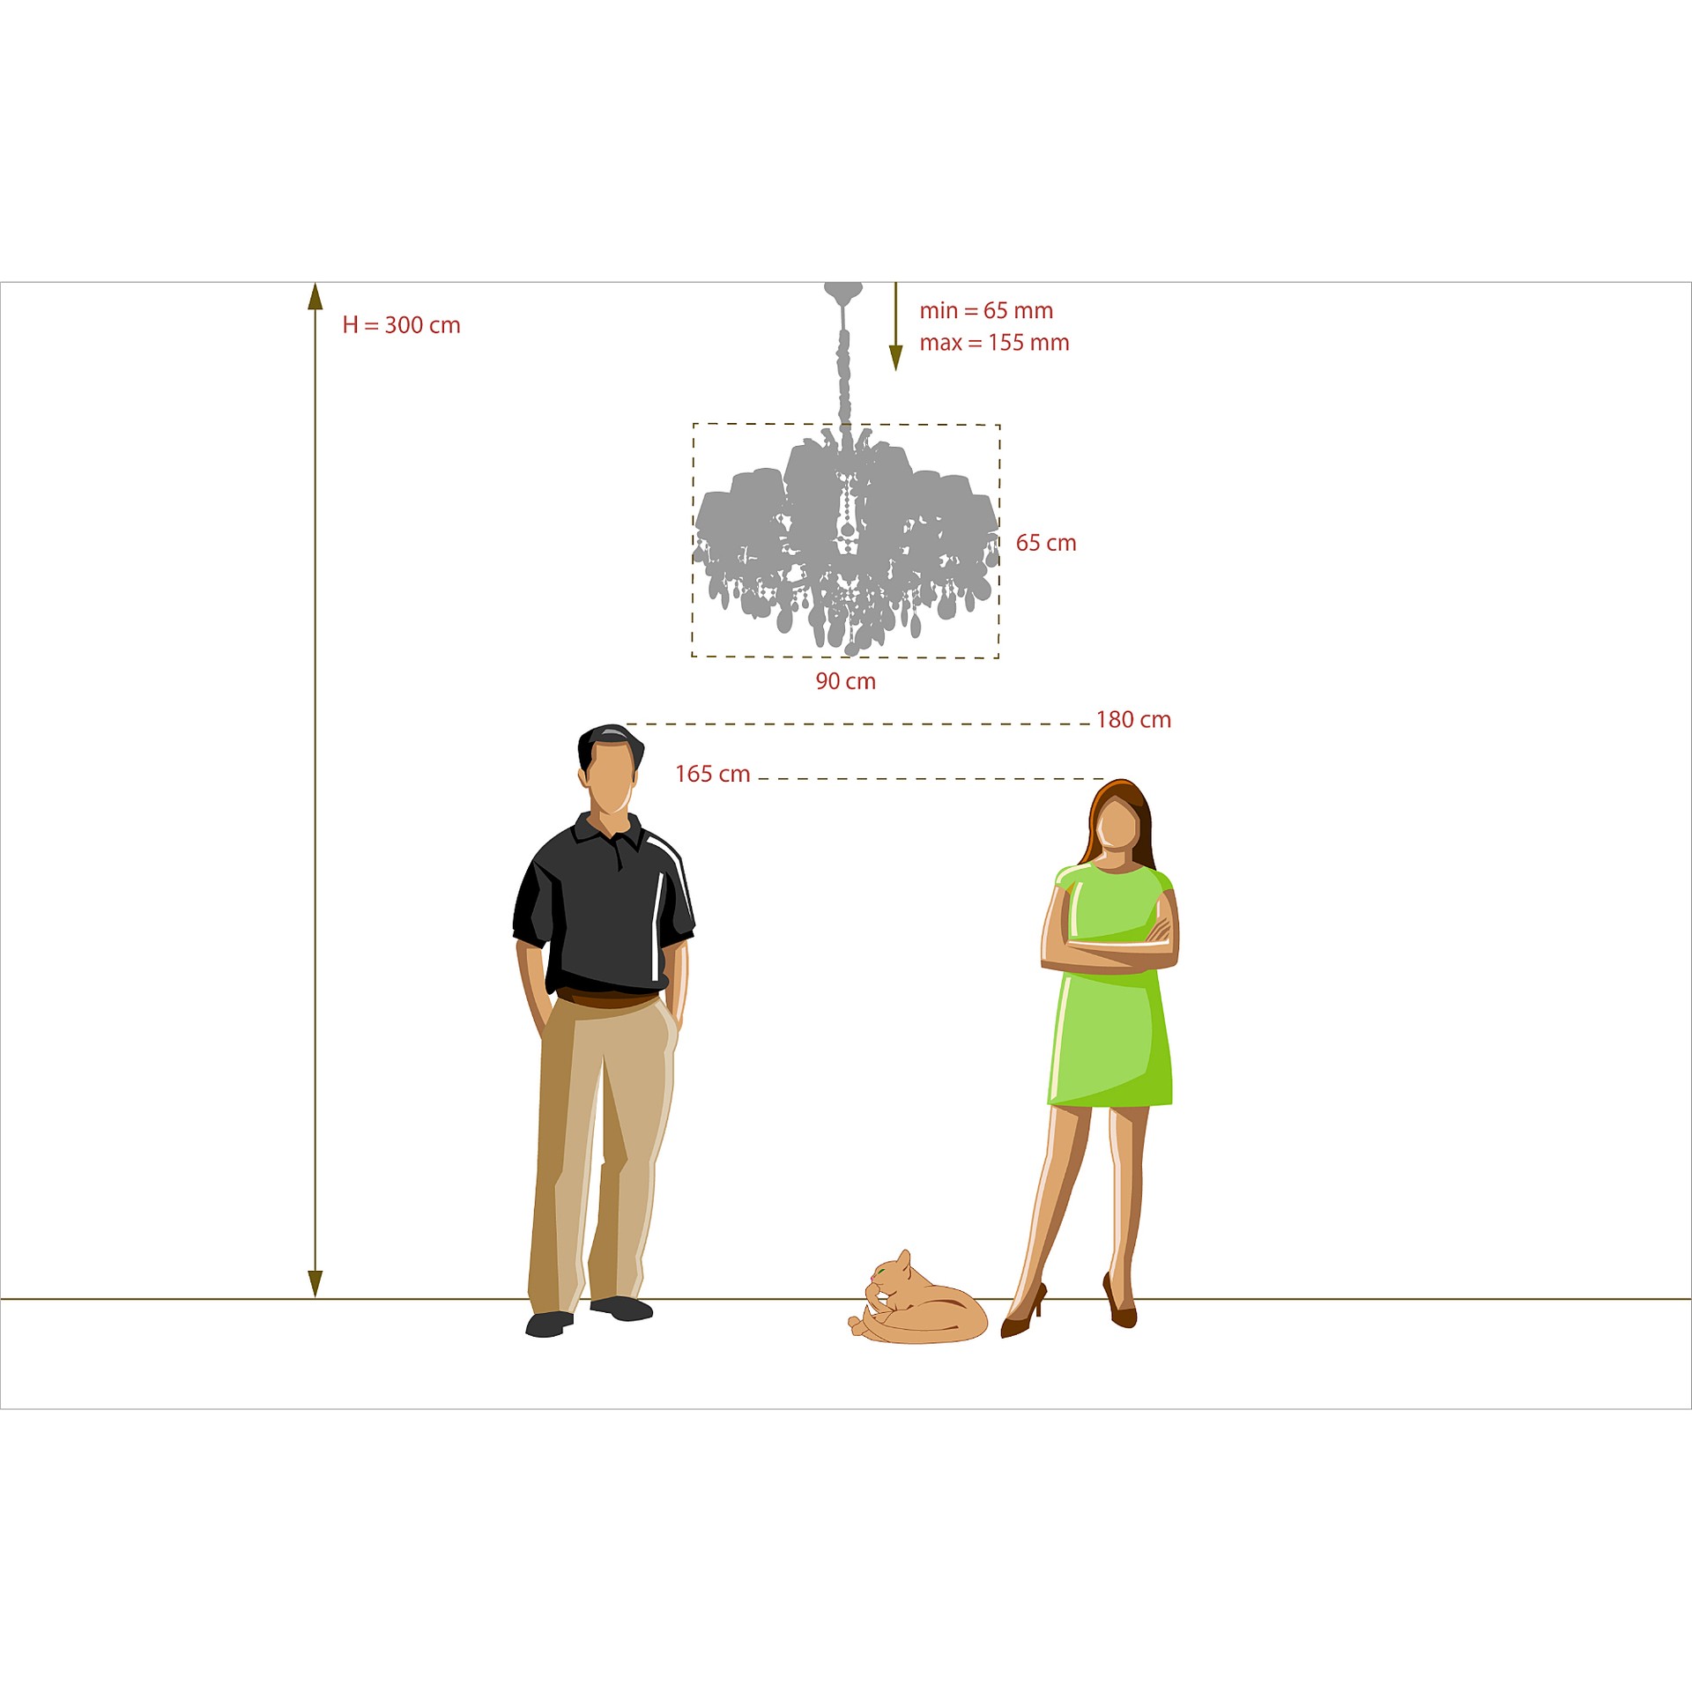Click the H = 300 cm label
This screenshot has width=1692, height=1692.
[x=401, y=325]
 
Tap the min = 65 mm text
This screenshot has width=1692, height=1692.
[x=986, y=310]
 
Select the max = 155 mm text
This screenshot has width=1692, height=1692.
[x=994, y=343]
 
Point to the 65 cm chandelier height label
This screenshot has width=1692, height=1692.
[x=1046, y=543]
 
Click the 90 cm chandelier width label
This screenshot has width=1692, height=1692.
[x=845, y=681]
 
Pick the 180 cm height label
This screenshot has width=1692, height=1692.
[x=1133, y=720]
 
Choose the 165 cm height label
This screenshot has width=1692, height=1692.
[x=712, y=775]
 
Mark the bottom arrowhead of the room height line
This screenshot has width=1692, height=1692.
[x=315, y=1284]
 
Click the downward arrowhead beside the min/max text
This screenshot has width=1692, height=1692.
[x=896, y=358]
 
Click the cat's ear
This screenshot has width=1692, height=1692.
[x=903, y=1258]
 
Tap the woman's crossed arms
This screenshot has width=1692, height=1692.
[x=1109, y=948]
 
